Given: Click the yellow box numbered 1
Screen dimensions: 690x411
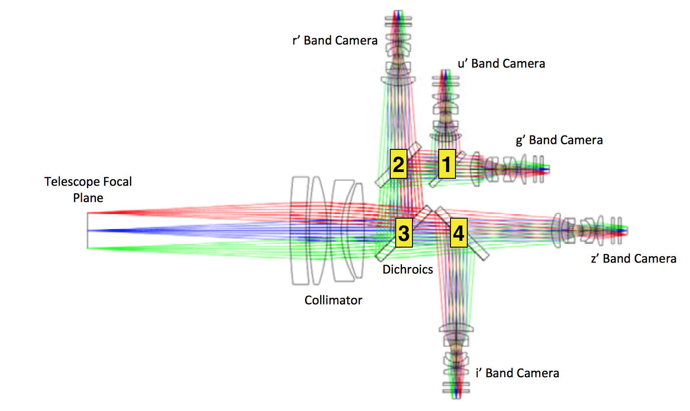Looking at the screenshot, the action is [447, 164].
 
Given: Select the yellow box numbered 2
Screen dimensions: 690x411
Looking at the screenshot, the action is [398, 164].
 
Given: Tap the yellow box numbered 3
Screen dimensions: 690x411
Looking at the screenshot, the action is [404, 233].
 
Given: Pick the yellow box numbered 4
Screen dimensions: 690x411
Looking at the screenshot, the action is [459, 233].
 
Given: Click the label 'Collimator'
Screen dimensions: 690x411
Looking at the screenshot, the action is [333, 300].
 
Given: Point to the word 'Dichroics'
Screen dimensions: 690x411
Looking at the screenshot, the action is [407, 269].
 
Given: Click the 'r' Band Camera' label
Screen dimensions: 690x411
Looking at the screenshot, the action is [335, 40].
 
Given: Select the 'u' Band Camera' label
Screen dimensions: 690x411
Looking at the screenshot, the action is [502, 63].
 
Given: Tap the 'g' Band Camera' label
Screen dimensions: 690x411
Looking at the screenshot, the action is [560, 140].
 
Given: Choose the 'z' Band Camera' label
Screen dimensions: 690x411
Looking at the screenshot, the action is [633, 258].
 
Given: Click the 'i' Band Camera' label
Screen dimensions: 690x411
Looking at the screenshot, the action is [517, 373].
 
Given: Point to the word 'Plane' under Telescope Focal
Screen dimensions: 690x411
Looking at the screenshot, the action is [88, 198].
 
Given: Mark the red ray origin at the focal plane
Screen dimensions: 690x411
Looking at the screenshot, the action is [88, 213].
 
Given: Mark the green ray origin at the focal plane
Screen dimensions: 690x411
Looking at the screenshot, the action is [88, 248].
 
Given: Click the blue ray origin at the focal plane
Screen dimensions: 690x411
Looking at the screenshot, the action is [88, 230].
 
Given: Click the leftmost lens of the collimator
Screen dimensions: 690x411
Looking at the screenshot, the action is [300, 230].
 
